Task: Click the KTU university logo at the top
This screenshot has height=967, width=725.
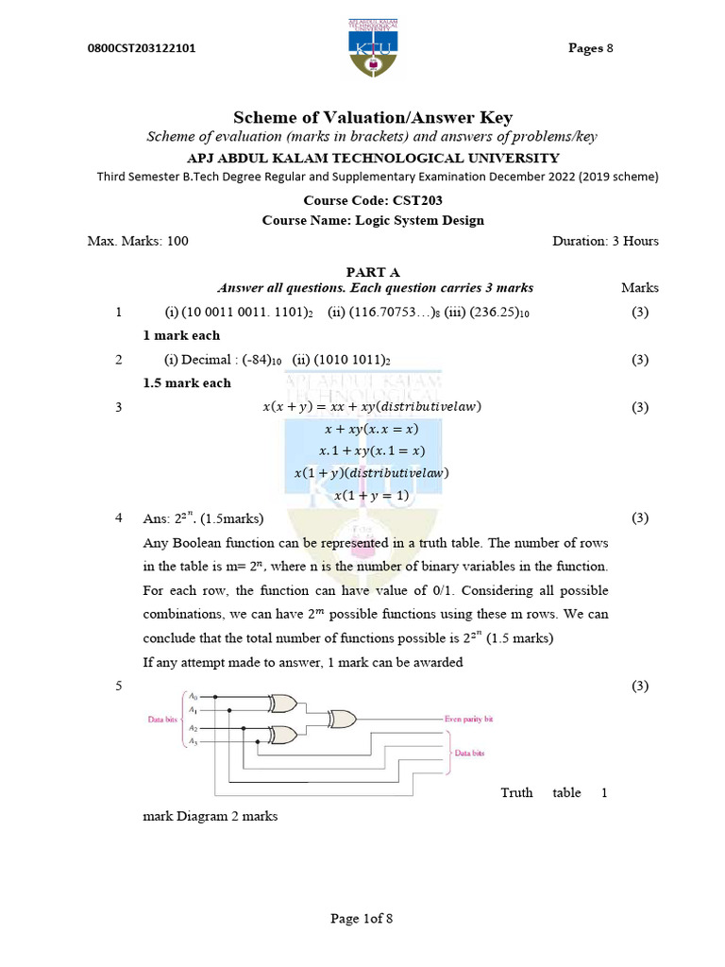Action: [x=362, y=49]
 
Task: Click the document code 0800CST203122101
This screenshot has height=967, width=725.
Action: [x=142, y=49]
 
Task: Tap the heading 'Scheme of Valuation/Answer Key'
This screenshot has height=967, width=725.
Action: [x=373, y=117]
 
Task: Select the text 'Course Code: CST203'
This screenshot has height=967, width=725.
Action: [x=373, y=200]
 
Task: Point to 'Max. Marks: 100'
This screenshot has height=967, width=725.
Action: [x=138, y=241]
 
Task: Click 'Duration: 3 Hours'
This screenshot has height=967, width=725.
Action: [x=605, y=241]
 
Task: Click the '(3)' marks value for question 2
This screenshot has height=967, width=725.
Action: [x=640, y=359]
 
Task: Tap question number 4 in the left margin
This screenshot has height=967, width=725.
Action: [x=119, y=518]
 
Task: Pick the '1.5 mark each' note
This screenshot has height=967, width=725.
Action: [x=187, y=382]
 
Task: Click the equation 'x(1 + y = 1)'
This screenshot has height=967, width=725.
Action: [x=372, y=494]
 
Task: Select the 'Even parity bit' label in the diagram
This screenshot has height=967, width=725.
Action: [x=468, y=719]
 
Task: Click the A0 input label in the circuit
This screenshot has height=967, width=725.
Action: [x=192, y=695]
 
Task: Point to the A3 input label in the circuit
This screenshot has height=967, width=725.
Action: [x=192, y=742]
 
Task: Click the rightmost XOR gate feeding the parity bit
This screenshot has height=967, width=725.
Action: [x=341, y=719]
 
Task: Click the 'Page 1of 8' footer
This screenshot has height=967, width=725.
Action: [x=361, y=918]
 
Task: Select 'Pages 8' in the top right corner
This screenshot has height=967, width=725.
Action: [x=590, y=48]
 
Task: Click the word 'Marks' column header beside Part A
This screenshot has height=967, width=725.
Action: [x=640, y=287]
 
